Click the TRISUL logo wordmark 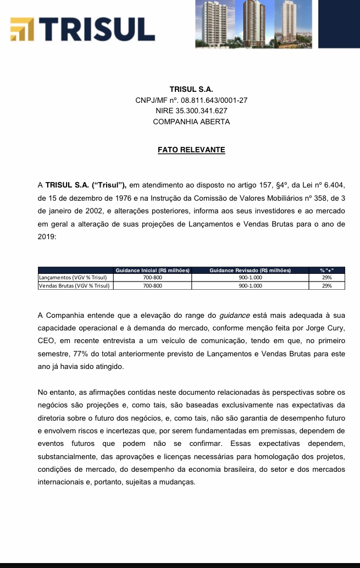click(x=98, y=30)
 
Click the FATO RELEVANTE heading click(x=191, y=150)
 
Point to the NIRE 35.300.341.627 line click(x=191, y=111)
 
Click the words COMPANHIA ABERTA click(x=191, y=122)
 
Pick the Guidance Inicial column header click(x=152, y=270)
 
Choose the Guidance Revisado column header click(x=250, y=270)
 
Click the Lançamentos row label click(x=72, y=278)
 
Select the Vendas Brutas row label click(x=74, y=285)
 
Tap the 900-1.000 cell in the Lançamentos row click(x=250, y=278)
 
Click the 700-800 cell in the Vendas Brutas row click(x=152, y=285)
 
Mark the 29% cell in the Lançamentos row click(x=327, y=278)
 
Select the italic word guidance click(x=234, y=316)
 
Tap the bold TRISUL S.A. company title click(x=191, y=90)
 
